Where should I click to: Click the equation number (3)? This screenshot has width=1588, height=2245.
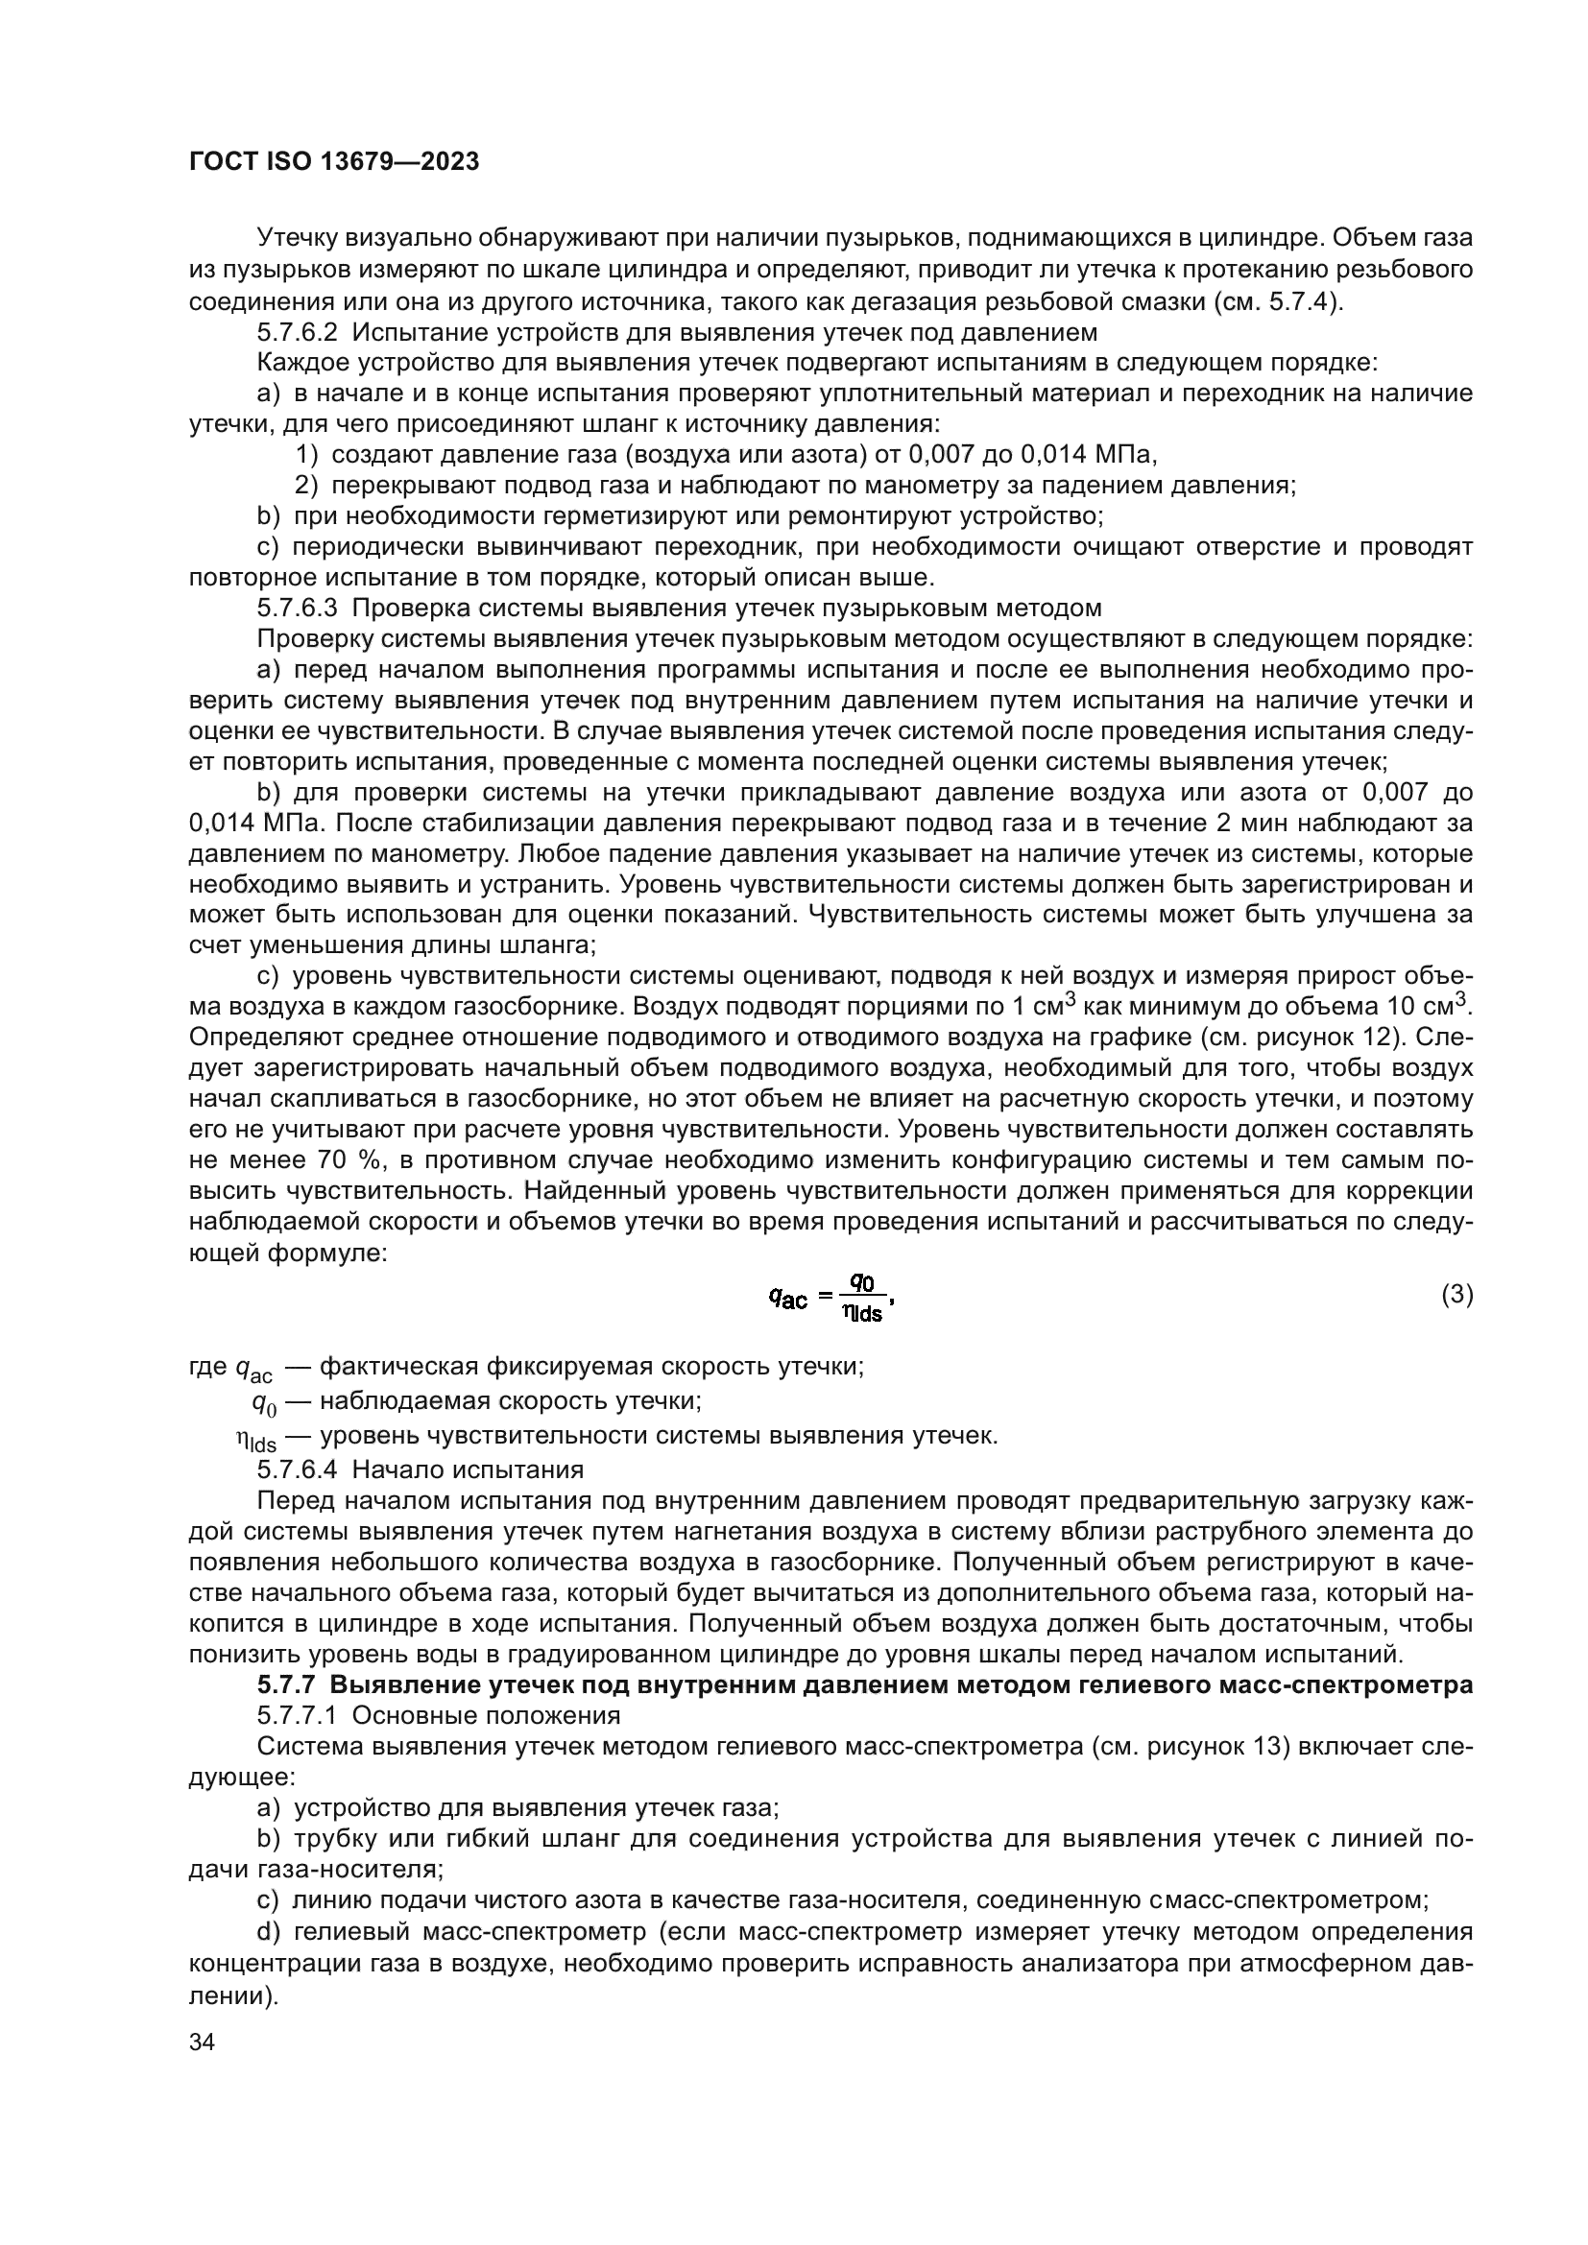tap(1456, 1295)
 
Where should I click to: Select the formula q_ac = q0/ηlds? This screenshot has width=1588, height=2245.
tap(831, 1297)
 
